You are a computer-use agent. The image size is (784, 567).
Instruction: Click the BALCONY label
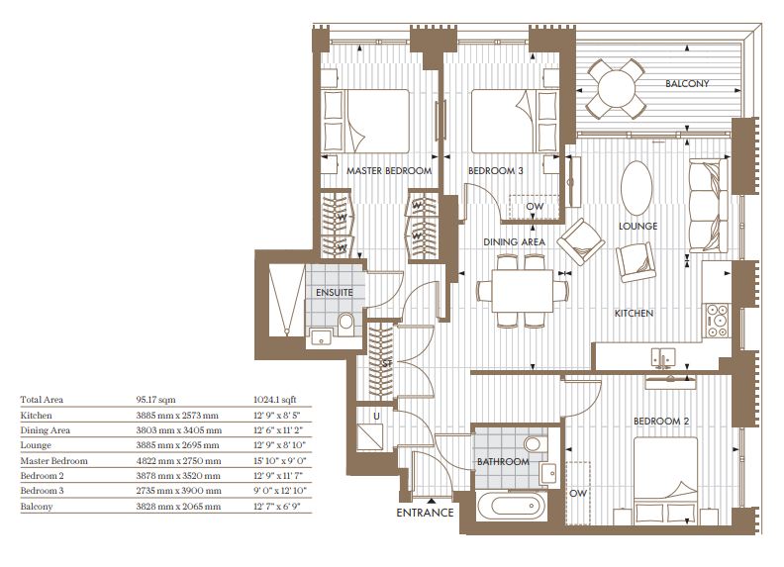click(687, 83)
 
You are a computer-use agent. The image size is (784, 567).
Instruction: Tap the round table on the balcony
click(616, 88)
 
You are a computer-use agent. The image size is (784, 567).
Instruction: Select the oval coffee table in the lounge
click(637, 188)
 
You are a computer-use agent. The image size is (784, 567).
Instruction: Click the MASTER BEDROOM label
click(389, 170)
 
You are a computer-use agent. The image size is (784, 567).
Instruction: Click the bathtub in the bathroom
click(509, 506)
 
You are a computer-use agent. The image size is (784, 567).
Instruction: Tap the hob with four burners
click(717, 321)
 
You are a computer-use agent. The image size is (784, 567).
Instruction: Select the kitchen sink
click(663, 357)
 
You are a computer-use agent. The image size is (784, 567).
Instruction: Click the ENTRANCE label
click(425, 513)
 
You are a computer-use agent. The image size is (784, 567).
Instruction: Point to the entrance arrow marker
click(431, 500)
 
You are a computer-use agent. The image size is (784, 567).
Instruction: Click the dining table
click(523, 291)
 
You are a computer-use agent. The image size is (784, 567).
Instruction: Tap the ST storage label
click(387, 364)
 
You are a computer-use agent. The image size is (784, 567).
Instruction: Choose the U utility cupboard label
click(376, 416)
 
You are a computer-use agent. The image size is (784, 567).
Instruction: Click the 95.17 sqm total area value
click(155, 400)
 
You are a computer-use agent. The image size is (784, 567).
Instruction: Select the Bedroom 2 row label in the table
click(42, 476)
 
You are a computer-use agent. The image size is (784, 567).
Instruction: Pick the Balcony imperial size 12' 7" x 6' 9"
click(278, 507)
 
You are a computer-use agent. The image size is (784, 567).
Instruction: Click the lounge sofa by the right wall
click(709, 206)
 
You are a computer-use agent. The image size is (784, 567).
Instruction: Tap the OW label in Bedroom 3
click(535, 206)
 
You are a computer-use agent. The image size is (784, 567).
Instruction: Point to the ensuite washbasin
click(320, 337)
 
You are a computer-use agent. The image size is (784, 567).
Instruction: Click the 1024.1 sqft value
click(275, 400)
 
